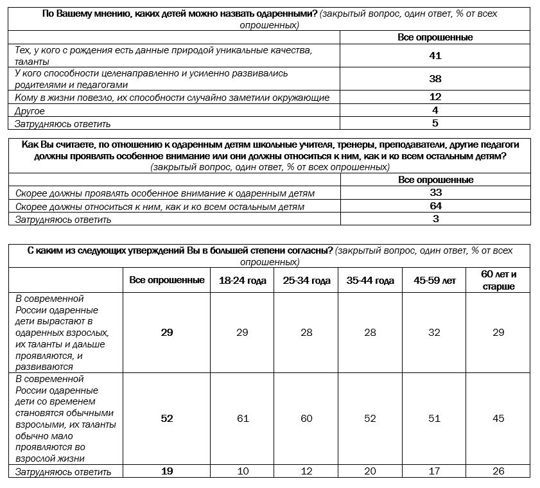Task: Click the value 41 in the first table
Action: click(x=435, y=55)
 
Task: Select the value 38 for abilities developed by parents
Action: click(x=435, y=79)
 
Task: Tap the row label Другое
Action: click(x=30, y=111)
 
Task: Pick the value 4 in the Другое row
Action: click(x=435, y=110)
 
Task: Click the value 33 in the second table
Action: click(x=435, y=193)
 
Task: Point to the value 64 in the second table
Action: click(x=435, y=206)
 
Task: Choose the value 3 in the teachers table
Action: click(x=435, y=219)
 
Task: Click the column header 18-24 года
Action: click(x=243, y=281)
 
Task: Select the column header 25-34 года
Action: click(x=306, y=281)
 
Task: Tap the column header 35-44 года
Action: click(x=370, y=281)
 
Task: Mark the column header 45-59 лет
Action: click(x=435, y=281)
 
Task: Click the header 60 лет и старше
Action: click(x=498, y=281)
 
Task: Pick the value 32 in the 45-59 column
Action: click(x=435, y=333)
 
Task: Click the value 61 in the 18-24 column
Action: click(x=243, y=419)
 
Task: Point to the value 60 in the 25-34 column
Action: click(x=306, y=419)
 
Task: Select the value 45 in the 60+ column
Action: click(x=498, y=419)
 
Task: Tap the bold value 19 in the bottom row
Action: click(x=167, y=471)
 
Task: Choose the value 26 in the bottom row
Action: click(x=498, y=471)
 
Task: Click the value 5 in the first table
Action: click(x=435, y=123)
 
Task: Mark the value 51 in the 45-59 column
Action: click(x=435, y=419)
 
